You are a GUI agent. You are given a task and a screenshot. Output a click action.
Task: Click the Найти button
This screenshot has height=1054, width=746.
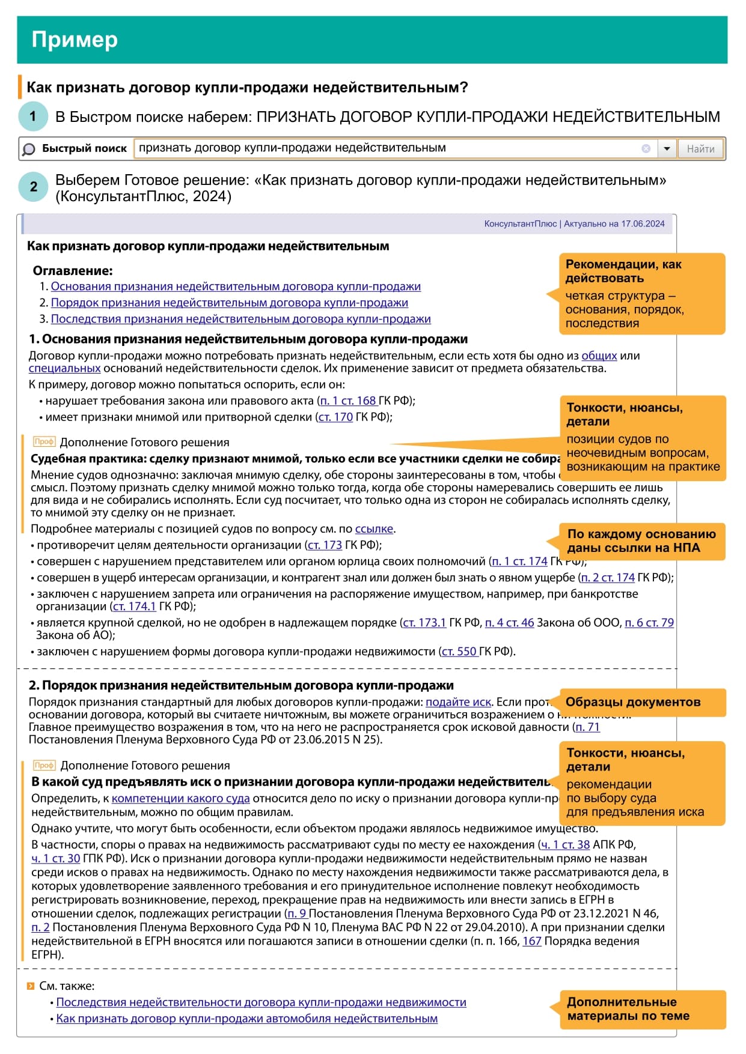pos(700,149)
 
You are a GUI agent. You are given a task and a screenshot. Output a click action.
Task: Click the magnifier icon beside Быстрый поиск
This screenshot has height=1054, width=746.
pos(29,149)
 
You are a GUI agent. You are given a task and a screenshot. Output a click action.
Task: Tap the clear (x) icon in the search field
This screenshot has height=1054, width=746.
pos(646,148)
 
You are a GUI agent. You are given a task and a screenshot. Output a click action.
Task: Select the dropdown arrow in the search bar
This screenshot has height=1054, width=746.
pos(667,149)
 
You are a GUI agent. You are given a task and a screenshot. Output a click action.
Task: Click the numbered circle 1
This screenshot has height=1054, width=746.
pos(33,117)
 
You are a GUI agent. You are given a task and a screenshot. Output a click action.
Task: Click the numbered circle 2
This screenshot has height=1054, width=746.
pos(33,187)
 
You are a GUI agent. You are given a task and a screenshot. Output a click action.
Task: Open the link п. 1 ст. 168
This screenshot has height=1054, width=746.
pos(347,401)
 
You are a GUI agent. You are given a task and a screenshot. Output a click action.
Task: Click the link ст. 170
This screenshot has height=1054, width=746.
pos(335,417)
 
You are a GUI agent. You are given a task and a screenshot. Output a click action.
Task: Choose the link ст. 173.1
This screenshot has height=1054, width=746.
pos(424,623)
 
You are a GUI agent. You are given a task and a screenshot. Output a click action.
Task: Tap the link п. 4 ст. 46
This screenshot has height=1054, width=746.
pos(509,623)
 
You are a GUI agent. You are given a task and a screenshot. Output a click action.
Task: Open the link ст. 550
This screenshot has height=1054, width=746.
pos(459,651)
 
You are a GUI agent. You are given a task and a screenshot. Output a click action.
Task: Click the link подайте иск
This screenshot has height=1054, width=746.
pos(458,702)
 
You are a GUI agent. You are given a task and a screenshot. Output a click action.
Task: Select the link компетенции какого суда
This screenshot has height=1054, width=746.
pos(180,798)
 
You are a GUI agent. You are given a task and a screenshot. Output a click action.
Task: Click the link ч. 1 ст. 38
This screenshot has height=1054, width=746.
pos(565,844)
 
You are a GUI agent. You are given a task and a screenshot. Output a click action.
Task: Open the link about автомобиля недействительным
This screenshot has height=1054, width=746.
pos(246,1019)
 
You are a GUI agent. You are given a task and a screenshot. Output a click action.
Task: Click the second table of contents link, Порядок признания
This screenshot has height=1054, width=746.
pos(229,303)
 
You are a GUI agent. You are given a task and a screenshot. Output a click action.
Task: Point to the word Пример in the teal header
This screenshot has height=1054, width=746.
pos(75,40)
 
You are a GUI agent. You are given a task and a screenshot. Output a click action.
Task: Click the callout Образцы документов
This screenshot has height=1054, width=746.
pos(633,702)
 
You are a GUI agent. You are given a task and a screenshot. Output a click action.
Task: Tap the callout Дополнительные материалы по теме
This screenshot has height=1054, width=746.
pos(628,1009)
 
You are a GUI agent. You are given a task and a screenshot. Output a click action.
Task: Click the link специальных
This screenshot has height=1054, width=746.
pos(64,368)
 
